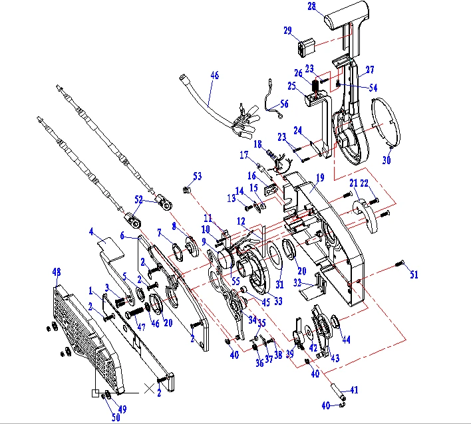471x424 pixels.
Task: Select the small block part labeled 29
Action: [x=306, y=48]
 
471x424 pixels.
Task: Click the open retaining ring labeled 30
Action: [x=383, y=123]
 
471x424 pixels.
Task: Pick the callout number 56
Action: [x=285, y=104]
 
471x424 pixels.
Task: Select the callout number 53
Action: [x=197, y=176]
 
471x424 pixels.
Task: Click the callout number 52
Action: [x=138, y=199]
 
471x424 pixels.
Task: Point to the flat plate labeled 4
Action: [x=109, y=247]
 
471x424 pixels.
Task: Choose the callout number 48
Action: [x=57, y=271]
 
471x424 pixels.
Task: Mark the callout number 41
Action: [x=354, y=390]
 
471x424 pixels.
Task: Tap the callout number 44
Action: [x=346, y=339]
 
